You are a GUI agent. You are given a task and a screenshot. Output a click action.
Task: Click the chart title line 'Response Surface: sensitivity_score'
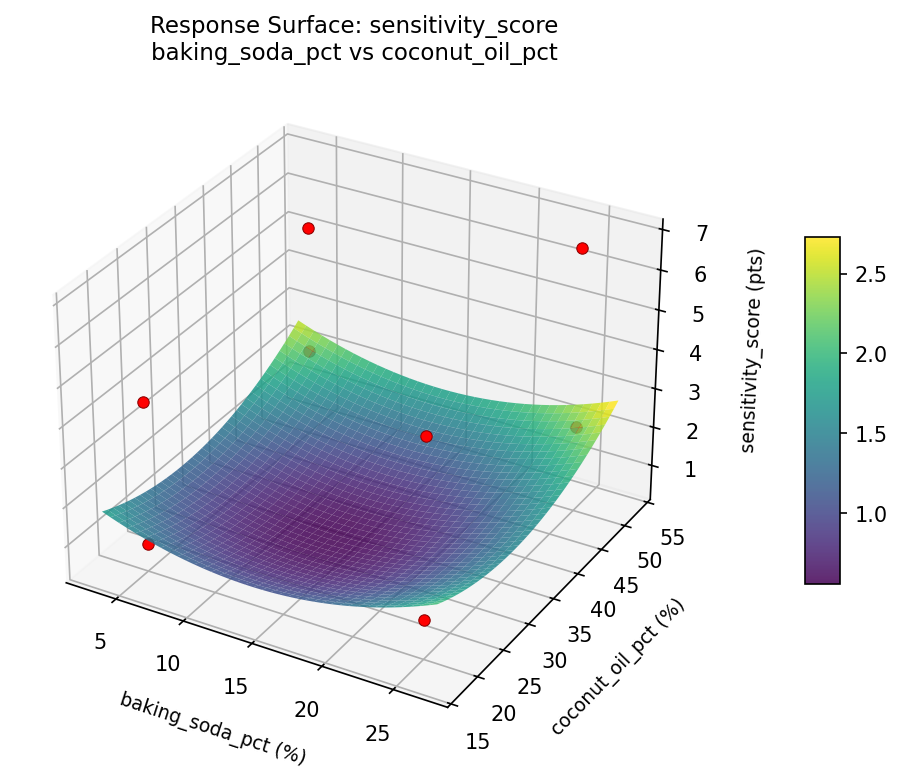(x=354, y=25)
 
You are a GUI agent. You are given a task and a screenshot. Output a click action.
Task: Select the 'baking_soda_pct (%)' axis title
(x=212, y=728)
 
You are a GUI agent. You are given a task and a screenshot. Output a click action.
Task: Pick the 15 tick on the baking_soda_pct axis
(x=238, y=686)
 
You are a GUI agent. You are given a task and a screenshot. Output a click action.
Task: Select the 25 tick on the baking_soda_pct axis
(x=378, y=733)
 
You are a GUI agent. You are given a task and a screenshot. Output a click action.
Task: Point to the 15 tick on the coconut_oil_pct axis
(x=479, y=741)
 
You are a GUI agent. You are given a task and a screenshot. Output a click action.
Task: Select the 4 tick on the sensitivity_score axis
(x=677, y=353)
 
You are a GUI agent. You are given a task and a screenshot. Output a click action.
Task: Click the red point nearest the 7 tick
(x=582, y=248)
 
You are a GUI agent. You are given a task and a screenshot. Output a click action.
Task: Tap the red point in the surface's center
(x=426, y=436)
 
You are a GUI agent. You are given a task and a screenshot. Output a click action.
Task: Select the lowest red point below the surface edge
(x=424, y=620)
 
